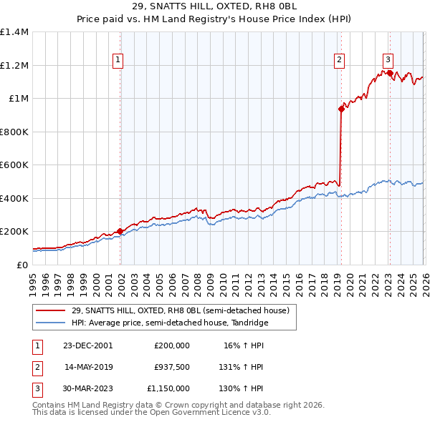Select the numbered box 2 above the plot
[339, 60]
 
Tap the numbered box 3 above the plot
[388, 60]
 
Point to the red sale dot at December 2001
[120, 231]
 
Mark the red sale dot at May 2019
[341, 109]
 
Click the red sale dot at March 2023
[390, 73]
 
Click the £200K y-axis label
[14, 232]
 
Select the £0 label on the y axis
[21, 265]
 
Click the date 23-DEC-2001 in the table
[89, 345]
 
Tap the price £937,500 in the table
[171, 367]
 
